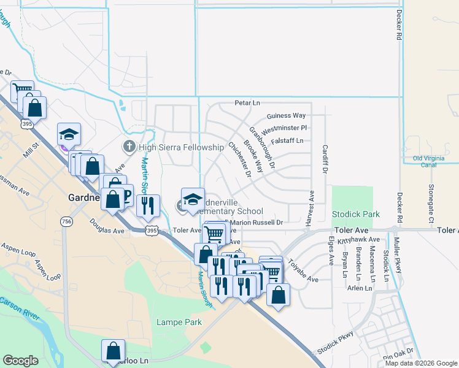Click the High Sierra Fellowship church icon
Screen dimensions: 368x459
[129, 147]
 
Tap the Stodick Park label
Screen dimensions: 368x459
[355, 215]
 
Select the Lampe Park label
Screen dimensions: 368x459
[179, 321]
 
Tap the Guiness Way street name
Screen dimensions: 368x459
[286, 115]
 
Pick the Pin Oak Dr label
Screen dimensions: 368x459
[398, 355]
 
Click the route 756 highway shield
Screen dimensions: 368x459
[65, 221]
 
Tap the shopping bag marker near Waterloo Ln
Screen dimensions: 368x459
[114, 351]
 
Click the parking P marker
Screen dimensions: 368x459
[127, 195]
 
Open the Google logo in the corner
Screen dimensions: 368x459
[21, 361]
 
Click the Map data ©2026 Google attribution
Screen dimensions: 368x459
[421, 363]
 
